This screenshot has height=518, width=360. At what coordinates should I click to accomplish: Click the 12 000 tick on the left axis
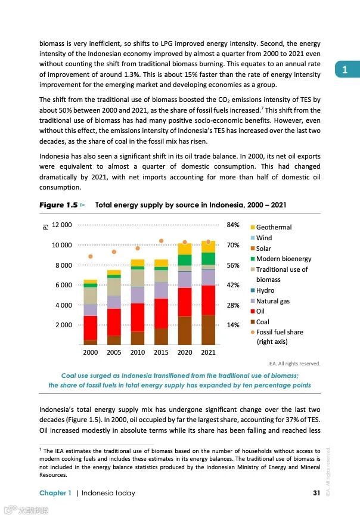[x=62, y=225]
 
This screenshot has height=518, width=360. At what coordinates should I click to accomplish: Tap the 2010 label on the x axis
[x=138, y=352]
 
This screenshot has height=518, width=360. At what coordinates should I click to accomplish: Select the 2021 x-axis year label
[x=208, y=352]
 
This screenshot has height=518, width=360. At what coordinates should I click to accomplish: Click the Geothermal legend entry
[x=274, y=227]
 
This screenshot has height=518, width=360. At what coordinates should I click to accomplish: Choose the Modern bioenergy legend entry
[x=284, y=259]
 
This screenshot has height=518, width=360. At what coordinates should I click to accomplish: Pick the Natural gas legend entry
[x=272, y=301]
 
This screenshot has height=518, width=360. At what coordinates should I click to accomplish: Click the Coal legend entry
[x=262, y=322]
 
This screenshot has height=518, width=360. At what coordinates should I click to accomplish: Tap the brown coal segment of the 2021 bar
[x=208, y=330]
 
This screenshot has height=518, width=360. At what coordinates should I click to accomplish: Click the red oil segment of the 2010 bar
[x=138, y=317]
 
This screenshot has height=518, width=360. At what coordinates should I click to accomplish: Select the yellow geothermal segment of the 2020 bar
[x=185, y=249]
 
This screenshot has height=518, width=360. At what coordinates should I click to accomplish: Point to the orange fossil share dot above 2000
[x=91, y=256]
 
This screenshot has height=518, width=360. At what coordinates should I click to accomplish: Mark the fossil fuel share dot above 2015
[x=161, y=241]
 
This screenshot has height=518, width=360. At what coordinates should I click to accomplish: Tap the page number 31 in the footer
[x=316, y=493]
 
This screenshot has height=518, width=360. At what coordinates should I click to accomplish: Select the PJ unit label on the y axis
[x=43, y=227]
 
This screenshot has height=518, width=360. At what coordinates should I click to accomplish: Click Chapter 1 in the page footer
[x=55, y=493]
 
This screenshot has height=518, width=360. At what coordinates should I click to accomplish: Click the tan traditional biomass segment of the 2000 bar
[x=91, y=296]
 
